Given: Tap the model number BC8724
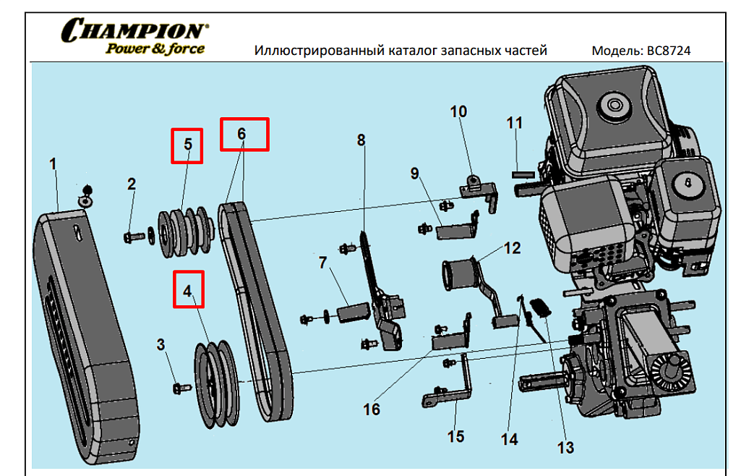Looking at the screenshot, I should pos(669,51).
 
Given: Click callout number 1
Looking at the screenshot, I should pos(53,164).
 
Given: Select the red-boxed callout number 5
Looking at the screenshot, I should pos(187,145).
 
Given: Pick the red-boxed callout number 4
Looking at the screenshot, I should pos(188,291).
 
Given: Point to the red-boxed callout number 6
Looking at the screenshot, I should pos(244,135).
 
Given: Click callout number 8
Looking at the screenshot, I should pos(361,140).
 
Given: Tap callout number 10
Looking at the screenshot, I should pos(459,111).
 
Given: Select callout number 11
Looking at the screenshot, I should pos(514,123).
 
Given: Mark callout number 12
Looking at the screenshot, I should pos(513,248).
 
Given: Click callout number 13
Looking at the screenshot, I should pos(565,448).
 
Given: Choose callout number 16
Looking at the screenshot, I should pos(372,410).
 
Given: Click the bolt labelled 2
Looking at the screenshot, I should pos(134,237).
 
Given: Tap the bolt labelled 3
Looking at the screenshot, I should pos(180,388).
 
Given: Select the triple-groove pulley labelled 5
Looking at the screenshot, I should pos(184,231).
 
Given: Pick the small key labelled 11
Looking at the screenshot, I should pos(523,174).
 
